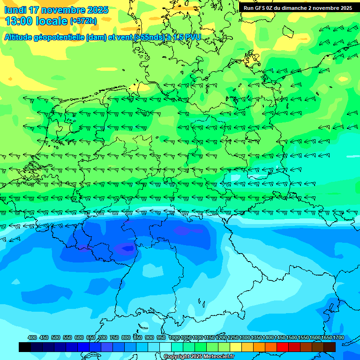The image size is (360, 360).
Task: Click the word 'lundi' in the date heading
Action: pyautogui.click(x=15, y=10)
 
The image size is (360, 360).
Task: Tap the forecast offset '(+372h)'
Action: pyautogui.click(x=83, y=21)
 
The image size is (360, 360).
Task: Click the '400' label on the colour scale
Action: pyautogui.click(x=32, y=337)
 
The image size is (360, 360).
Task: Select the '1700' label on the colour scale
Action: pyautogui.click(x=338, y=337)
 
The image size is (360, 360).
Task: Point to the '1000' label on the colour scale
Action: pyautogui.click(x=174, y=337)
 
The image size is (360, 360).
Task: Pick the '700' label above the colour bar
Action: pyautogui.click(x=103, y=337)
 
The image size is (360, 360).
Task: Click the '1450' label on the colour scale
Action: pyautogui.click(x=280, y=337)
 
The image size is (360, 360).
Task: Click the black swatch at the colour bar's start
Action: pyautogui.click(x=25, y=347)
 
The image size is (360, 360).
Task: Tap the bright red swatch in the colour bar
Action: pyautogui.click(x=283, y=347)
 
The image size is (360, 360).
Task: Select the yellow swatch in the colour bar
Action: pyautogui.click(x=236, y=347)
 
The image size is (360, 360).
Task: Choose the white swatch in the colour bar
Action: pyautogui.click(x=165, y=347)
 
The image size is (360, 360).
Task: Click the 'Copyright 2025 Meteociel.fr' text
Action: pyautogui.click(x=199, y=357)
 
